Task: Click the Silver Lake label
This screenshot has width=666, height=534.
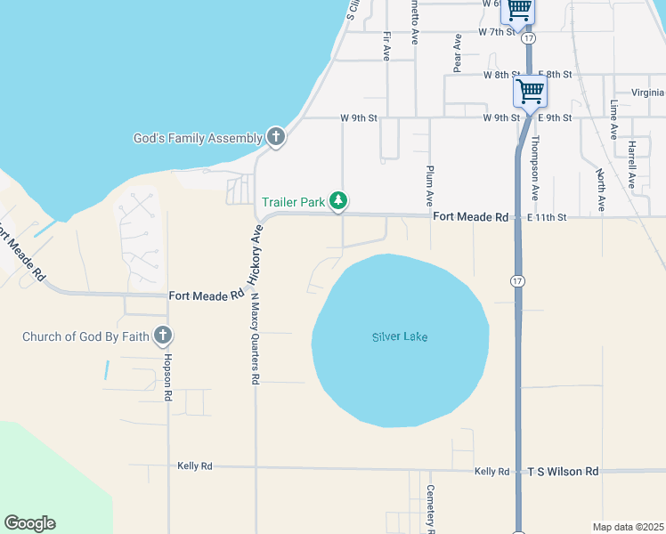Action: (x=400, y=336)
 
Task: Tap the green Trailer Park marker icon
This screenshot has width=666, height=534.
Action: (x=338, y=202)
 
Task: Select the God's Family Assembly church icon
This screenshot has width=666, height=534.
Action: (x=276, y=138)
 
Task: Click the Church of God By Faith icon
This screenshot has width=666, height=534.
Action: (x=162, y=336)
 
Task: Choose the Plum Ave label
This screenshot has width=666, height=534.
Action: (x=430, y=183)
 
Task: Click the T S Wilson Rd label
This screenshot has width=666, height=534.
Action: (x=564, y=471)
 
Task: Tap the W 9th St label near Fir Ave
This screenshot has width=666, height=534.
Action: (x=359, y=117)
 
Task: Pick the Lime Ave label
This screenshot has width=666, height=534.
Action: (x=613, y=119)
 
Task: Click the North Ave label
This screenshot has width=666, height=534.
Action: (x=601, y=190)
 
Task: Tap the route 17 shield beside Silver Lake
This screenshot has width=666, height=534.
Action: (x=517, y=280)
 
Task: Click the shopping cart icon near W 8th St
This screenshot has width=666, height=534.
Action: (x=530, y=91)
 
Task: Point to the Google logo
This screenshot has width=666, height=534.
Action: (x=29, y=523)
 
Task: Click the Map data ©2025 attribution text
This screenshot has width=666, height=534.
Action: (x=628, y=526)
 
